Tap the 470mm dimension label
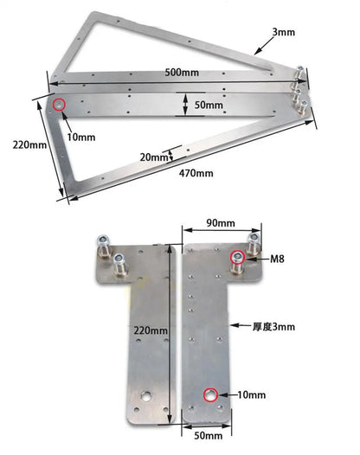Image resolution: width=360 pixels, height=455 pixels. click(x=196, y=173)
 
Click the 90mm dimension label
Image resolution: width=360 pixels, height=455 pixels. click(x=220, y=223)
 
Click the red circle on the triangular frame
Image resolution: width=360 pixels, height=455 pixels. click(x=59, y=105)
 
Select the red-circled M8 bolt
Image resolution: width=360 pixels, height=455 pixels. click(x=236, y=258)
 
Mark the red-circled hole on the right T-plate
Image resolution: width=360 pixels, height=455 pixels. click(x=210, y=395)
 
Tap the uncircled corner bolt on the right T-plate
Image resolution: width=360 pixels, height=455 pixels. click(x=255, y=239)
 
